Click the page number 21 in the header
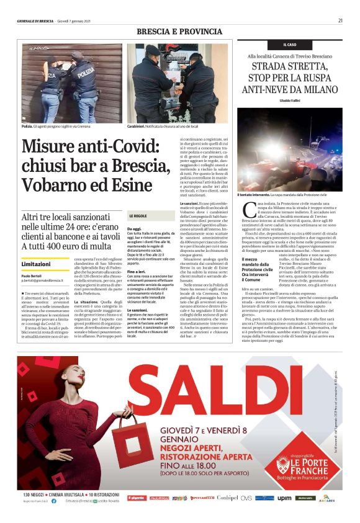pos(340,20)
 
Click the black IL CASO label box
pos(289,45)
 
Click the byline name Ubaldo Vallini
pos(289,101)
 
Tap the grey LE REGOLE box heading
pos(137,215)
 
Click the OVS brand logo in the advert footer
pos(246,498)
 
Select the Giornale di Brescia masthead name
pos(35,20)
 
